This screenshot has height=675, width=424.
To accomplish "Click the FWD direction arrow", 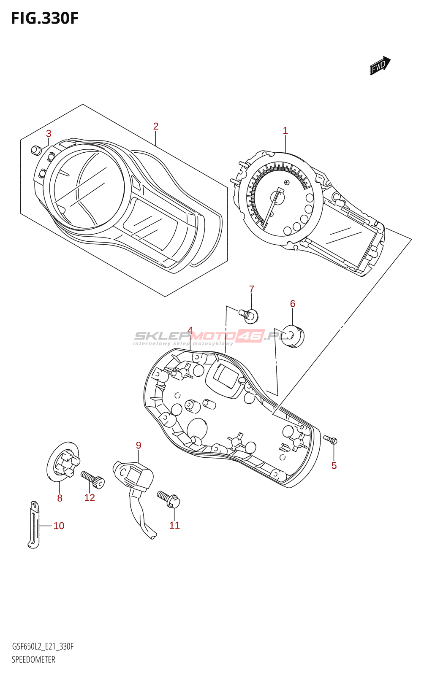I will pyautogui.click(x=380, y=65).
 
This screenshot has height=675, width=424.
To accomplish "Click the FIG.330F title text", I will pyautogui.click(x=44, y=19).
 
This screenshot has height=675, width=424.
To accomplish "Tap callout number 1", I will pyautogui.click(x=285, y=131).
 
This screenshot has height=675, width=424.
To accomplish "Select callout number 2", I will pyautogui.click(x=156, y=126).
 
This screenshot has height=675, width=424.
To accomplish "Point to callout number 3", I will pyautogui.click(x=49, y=133).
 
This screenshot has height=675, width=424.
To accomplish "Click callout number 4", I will pyautogui.click(x=190, y=330).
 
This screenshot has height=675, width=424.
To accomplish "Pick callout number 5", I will pyautogui.click(x=334, y=465).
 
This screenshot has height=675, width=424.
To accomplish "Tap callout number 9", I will pyautogui.click(x=139, y=445).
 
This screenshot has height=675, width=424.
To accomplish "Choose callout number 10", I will pyautogui.click(x=59, y=526).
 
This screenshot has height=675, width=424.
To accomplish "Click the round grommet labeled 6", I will pyautogui.click(x=293, y=336).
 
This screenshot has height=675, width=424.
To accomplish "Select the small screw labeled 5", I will pyautogui.click(x=331, y=440).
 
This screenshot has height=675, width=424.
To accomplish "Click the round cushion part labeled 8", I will pyautogui.click(x=63, y=462).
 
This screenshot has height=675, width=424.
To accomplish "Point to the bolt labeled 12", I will pyautogui.click(x=93, y=480).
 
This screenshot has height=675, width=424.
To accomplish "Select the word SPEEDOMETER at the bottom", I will pyautogui.click(x=33, y=659).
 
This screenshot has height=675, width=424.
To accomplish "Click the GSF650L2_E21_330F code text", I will pyautogui.click(x=43, y=647).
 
